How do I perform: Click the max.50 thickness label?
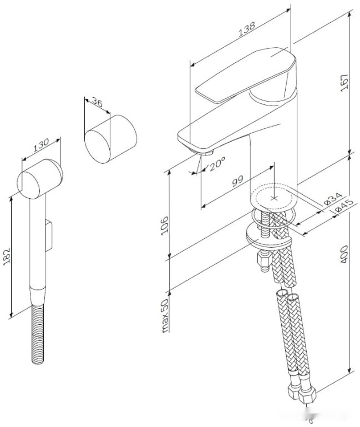[165, 315]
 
